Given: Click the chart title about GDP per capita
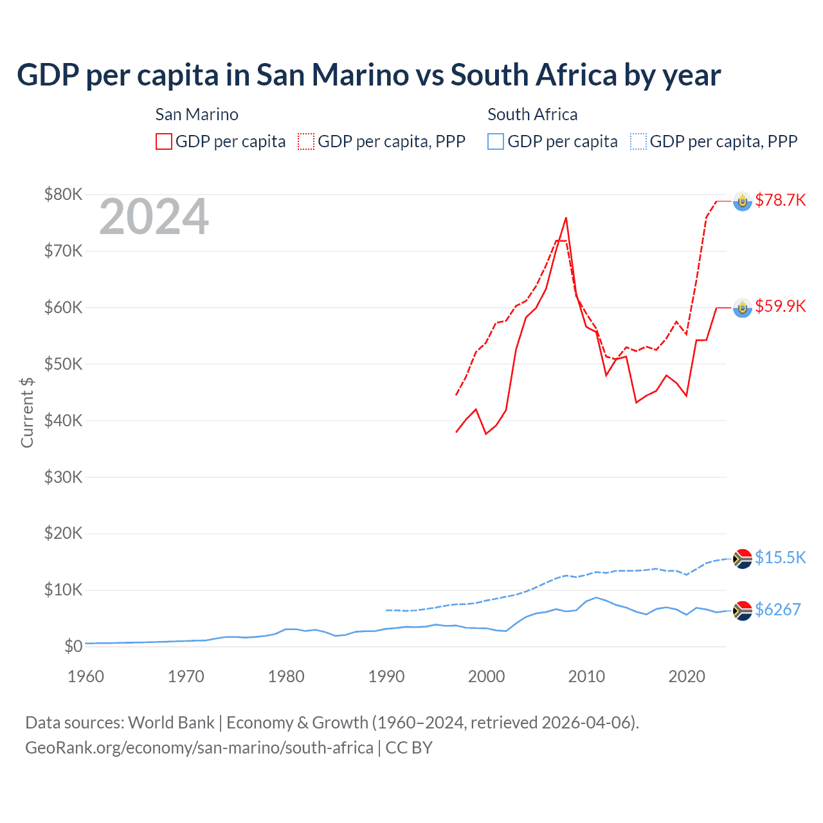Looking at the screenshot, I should point(368,75).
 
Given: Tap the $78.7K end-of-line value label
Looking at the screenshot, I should point(780,200).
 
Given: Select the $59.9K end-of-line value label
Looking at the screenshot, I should point(780,306).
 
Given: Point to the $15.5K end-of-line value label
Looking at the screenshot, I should point(780,557).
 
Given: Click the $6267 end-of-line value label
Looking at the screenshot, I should point(777,610).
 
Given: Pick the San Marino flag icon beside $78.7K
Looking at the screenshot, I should point(743,202).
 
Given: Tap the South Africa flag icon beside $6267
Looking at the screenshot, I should point(743,611).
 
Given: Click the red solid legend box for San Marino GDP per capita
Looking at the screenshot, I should point(164,141).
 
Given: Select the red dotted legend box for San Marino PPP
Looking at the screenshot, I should point(306,141).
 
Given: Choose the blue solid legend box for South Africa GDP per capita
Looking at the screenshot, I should point(496,141).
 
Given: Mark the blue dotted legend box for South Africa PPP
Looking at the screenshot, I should point(638,141).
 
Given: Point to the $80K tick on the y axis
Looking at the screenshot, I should point(63,194).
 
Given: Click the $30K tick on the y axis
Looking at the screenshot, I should point(63,477).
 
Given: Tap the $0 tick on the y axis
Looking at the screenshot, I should point(73,646).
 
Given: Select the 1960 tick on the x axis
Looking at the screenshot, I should point(86,676).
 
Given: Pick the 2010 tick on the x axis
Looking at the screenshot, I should point(586,676).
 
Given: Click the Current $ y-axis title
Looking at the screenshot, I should point(27,412).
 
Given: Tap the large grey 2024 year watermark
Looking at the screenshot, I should point(154,217).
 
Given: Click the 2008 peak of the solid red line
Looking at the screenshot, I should point(566,218).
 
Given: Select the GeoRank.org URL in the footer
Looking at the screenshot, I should point(199,748).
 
